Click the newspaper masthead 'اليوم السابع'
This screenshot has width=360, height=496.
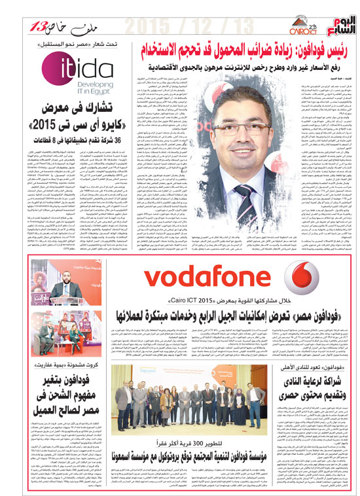point(331,26)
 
